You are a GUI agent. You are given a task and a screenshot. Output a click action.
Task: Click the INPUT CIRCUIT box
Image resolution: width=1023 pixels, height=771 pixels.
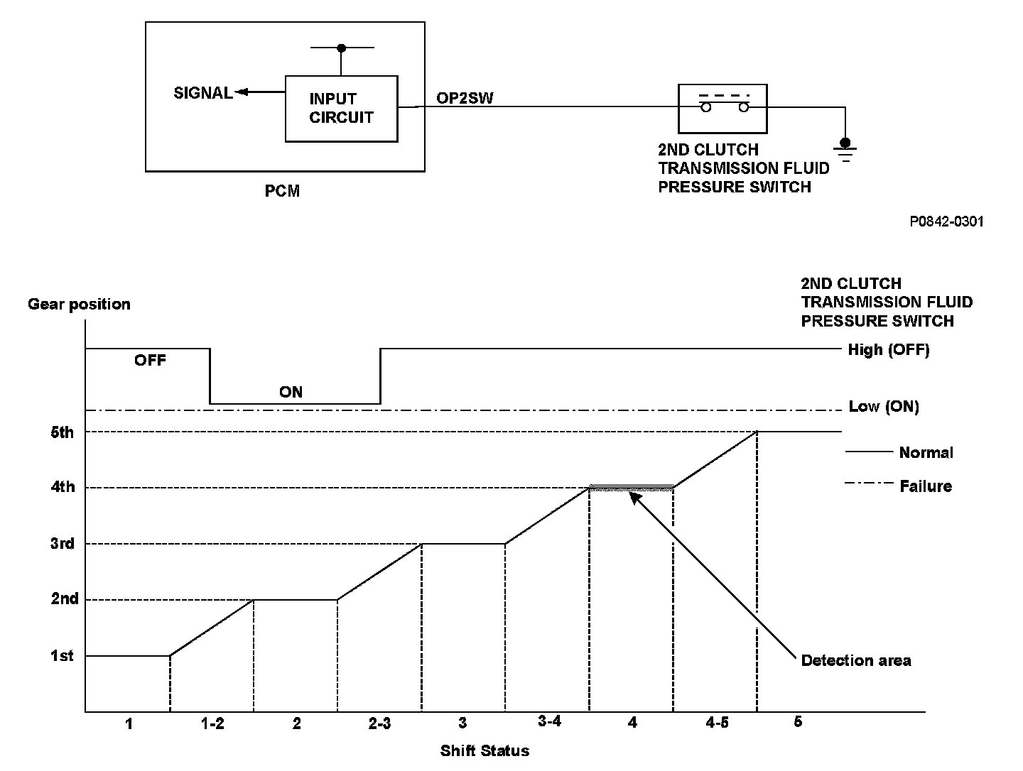coord(341,109)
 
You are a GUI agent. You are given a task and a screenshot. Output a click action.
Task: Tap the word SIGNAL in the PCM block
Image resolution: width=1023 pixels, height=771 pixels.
coord(203,93)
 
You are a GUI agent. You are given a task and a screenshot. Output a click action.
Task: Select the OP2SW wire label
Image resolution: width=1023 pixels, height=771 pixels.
coord(465,99)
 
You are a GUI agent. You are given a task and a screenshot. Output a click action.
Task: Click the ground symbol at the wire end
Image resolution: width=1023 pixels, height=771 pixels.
coord(845,151)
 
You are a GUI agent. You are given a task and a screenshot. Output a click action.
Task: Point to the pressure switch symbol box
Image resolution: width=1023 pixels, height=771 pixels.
coord(722,108)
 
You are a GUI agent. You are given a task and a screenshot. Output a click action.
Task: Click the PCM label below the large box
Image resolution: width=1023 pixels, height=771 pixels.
coord(282,192)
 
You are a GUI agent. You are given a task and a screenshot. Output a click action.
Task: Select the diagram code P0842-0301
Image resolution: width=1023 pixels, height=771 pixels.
coord(947,222)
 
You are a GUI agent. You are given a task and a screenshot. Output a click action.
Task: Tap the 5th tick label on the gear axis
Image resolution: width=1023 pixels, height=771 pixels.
coord(63,432)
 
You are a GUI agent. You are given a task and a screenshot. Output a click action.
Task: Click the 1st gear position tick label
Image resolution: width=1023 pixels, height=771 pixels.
coord(62,656)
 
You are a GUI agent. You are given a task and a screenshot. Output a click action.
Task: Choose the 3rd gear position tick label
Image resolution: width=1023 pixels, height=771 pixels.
coord(63,544)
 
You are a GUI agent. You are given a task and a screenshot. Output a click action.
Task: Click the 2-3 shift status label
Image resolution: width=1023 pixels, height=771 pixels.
coord(379,723)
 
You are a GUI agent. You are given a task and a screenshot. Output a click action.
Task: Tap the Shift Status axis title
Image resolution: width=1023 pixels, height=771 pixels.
coord(485,750)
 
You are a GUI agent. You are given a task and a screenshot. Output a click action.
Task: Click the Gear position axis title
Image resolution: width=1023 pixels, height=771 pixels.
coord(79,305)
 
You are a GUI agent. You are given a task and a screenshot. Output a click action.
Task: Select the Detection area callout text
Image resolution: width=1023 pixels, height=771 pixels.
coord(855,661)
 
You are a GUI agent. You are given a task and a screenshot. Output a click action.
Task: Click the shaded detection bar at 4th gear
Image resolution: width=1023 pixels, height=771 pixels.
coord(632,488)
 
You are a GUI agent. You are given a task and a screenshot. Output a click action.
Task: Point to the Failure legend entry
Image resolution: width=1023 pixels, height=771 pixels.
coord(925,486)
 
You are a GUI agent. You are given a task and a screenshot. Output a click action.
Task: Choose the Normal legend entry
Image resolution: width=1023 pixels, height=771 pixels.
coord(926,453)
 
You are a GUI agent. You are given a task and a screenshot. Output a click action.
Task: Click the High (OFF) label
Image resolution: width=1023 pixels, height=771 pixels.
coord(888,350)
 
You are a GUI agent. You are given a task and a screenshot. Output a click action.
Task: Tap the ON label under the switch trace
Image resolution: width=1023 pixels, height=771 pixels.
coord(291,392)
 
